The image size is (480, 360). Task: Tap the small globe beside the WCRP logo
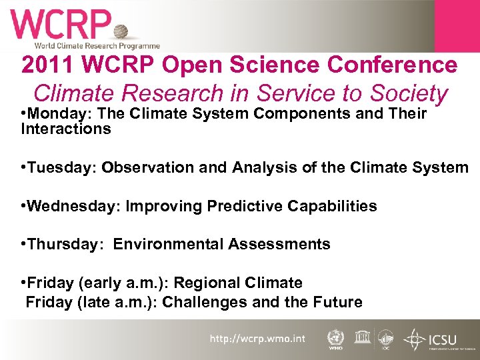pyautogui.click(x=121, y=32)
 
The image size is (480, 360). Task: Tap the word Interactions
pyautogui.click(x=66, y=129)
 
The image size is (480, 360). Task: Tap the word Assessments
pyautogui.click(x=279, y=244)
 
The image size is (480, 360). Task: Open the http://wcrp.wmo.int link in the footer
pyautogui.click(x=257, y=339)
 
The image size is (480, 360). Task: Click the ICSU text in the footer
pyautogui.click(x=442, y=336)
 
